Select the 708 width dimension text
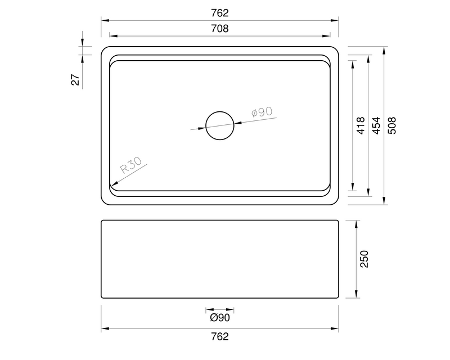point(220,29)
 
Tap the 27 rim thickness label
point(75,79)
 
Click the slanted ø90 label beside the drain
point(262,112)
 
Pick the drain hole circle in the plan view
point(219,125)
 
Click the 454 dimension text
point(376,125)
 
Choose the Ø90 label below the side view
point(220,318)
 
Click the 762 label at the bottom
point(220,337)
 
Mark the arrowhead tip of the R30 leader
point(111,186)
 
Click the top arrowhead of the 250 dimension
point(357,222)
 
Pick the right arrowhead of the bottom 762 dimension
point(338,328)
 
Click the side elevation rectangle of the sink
point(220,259)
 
